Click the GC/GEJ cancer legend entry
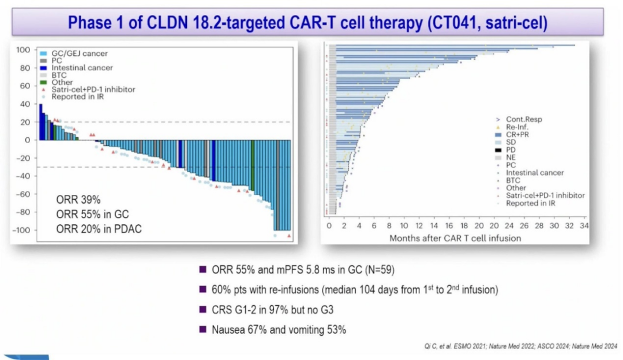pos(76,54)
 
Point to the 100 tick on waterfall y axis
pos(24,50)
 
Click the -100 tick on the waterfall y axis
pos(22,230)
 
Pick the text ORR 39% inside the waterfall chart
pos(78,200)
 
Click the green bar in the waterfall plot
pos(253,164)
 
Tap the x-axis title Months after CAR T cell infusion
pos(455,238)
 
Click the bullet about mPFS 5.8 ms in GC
pos(302,269)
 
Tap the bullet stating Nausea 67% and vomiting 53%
pos(279,330)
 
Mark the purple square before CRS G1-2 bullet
pos(202,310)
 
